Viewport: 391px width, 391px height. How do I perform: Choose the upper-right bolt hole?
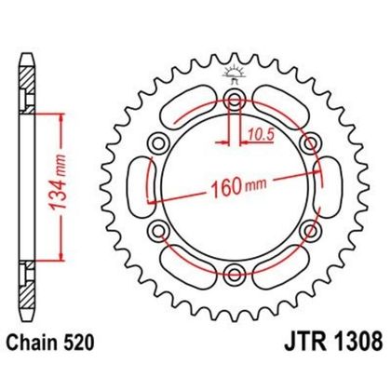pyautogui.click(x=307, y=142)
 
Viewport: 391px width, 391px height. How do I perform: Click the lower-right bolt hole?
pyautogui.click(x=307, y=229)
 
